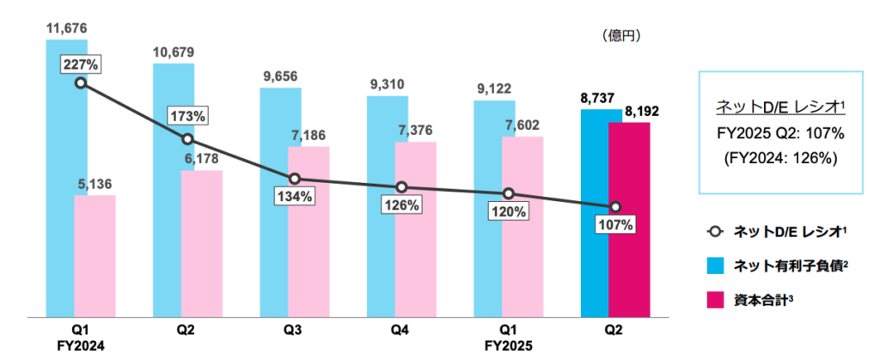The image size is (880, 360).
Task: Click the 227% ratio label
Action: (80, 64)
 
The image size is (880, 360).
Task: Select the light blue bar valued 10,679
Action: (174, 189)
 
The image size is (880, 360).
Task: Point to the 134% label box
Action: (295, 195)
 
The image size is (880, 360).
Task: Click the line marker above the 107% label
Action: (615, 207)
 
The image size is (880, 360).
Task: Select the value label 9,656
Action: (281, 76)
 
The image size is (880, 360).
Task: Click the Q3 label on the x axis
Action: (295, 331)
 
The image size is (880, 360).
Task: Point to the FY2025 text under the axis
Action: (509, 346)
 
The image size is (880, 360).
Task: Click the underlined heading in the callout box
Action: (781, 107)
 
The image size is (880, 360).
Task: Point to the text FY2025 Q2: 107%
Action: (781, 133)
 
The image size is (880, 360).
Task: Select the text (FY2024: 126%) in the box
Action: (781, 158)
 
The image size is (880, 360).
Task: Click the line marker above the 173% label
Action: (187, 139)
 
